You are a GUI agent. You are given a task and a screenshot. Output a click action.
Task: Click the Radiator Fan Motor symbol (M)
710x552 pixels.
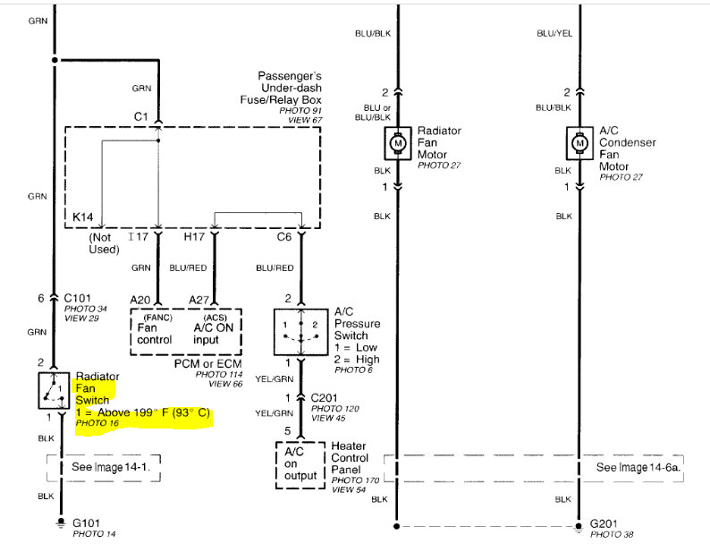coord(397,142)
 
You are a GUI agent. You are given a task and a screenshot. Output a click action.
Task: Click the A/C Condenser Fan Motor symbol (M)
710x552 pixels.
coord(579,142)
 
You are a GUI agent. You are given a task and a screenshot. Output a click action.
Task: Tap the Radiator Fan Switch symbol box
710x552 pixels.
coord(54,391)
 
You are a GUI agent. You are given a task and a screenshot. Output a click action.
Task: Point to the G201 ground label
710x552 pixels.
coord(605,524)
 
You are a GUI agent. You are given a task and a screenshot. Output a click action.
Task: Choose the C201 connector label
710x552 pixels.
coord(325,396)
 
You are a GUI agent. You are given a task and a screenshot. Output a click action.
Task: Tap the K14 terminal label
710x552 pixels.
coord(84,217)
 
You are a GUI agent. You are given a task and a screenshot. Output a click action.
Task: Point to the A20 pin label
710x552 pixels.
coord(139,300)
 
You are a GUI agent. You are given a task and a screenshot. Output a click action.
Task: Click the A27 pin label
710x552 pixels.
coord(199,300)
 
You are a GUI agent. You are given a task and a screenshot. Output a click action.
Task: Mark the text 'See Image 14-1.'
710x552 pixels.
coord(112,467)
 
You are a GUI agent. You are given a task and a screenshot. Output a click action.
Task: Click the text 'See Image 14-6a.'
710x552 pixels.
coord(638,467)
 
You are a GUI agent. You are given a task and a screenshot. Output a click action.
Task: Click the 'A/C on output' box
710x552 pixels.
coord(300,463)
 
